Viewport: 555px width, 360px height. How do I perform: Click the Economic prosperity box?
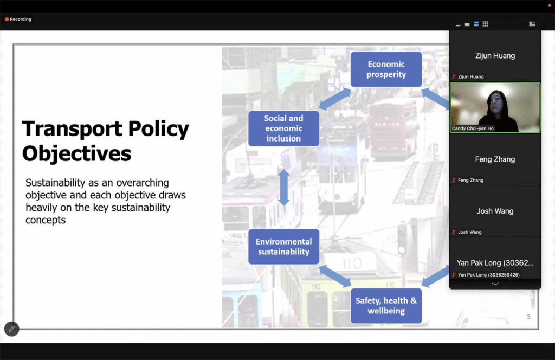tap(386, 69)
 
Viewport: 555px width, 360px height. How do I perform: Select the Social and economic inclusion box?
tap(284, 128)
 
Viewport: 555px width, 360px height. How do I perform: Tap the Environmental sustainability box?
tap(284, 247)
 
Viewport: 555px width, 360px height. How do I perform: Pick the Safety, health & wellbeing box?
tap(386, 306)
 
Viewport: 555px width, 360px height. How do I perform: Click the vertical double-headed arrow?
tap(284, 188)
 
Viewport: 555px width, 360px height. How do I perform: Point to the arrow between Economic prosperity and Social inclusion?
tap(335, 99)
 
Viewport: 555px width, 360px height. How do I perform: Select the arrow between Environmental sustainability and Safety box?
tap(335, 277)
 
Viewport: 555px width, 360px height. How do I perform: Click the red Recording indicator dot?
tap(7, 20)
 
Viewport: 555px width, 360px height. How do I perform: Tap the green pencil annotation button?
tap(12, 329)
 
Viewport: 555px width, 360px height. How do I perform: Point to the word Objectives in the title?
tap(77, 154)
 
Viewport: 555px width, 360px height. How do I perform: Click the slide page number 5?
tap(529, 317)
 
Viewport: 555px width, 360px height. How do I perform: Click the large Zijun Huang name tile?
tap(495, 56)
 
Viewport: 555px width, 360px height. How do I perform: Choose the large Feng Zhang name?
tap(495, 159)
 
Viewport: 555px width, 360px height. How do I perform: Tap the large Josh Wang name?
tap(495, 211)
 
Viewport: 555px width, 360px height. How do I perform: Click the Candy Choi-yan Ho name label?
tap(473, 128)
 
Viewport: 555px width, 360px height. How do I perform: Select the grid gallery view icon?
tap(485, 24)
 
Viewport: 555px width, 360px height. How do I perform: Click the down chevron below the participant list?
tap(495, 284)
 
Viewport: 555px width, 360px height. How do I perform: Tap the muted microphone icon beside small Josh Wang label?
tap(454, 232)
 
